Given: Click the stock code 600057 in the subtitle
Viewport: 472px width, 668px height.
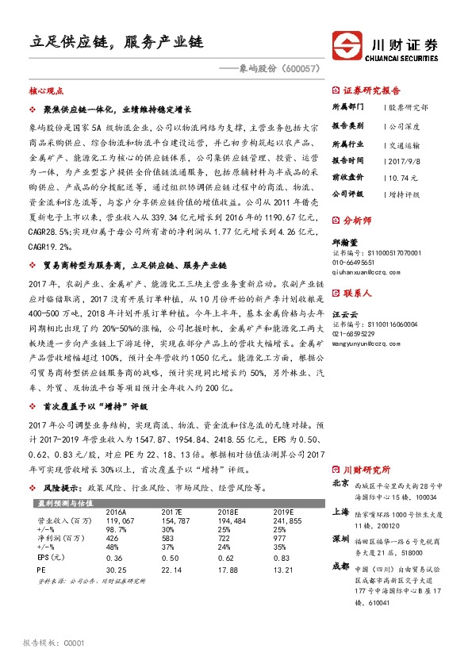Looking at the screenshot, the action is (x=300, y=70).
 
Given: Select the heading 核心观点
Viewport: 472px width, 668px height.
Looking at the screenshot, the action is (x=45, y=92).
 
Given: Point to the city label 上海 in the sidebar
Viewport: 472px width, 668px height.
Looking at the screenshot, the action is (x=340, y=512).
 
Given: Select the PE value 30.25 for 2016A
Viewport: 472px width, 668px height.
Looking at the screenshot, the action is (x=117, y=569).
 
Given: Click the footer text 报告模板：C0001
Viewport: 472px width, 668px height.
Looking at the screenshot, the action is (x=52, y=643).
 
